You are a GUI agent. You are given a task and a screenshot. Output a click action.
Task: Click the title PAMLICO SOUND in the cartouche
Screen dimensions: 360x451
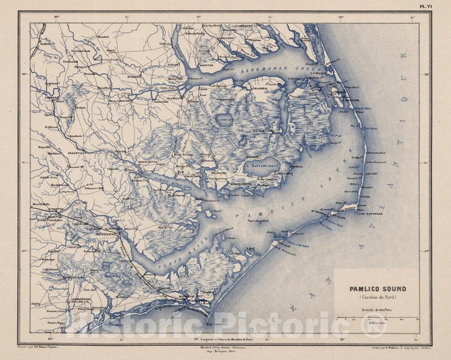[x=378, y=289]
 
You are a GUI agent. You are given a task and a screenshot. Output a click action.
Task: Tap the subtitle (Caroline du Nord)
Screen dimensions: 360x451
[x=378, y=298]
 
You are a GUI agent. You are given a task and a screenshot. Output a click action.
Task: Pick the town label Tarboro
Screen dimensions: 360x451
[x=51, y=98]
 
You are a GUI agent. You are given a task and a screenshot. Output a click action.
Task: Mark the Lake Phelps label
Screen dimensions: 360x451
[x=223, y=118]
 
